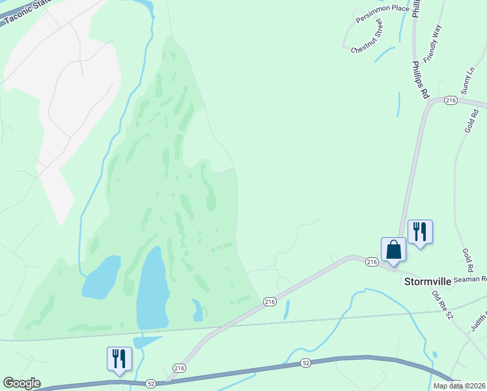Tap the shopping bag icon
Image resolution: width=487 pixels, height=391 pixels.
coord(393,250)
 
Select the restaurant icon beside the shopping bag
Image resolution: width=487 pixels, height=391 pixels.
coord(420,231)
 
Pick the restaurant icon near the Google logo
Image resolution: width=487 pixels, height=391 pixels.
coord(119,358)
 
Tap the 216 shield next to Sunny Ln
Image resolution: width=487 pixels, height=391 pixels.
coord(451,100)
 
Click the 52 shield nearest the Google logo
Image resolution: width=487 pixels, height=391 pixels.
coord(151,384)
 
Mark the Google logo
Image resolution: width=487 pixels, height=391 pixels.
coord(21,383)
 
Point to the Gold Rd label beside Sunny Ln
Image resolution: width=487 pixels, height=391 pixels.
coord(472,121)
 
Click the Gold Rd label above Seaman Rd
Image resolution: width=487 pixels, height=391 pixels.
coord(467,259)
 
